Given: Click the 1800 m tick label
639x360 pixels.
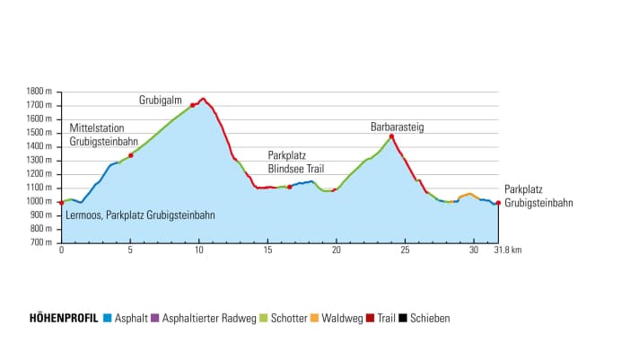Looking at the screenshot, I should [39, 92].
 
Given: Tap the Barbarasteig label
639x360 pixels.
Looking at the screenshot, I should [397, 127].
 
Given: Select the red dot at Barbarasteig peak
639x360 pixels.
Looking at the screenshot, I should [392, 136].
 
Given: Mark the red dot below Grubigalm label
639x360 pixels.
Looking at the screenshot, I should [192, 105].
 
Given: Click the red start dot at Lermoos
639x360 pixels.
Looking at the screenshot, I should [61, 203].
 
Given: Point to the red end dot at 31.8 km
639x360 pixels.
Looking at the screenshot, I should [498, 203].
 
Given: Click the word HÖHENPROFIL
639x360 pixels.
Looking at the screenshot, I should [64, 318].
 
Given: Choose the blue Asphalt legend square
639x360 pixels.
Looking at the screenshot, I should [108, 318].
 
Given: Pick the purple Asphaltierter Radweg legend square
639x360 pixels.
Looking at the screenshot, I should [154, 318].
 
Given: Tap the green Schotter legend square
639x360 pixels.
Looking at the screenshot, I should [264, 318].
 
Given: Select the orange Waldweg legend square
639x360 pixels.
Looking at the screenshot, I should [315, 318].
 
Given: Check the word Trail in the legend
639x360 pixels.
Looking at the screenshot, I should [387, 318].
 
